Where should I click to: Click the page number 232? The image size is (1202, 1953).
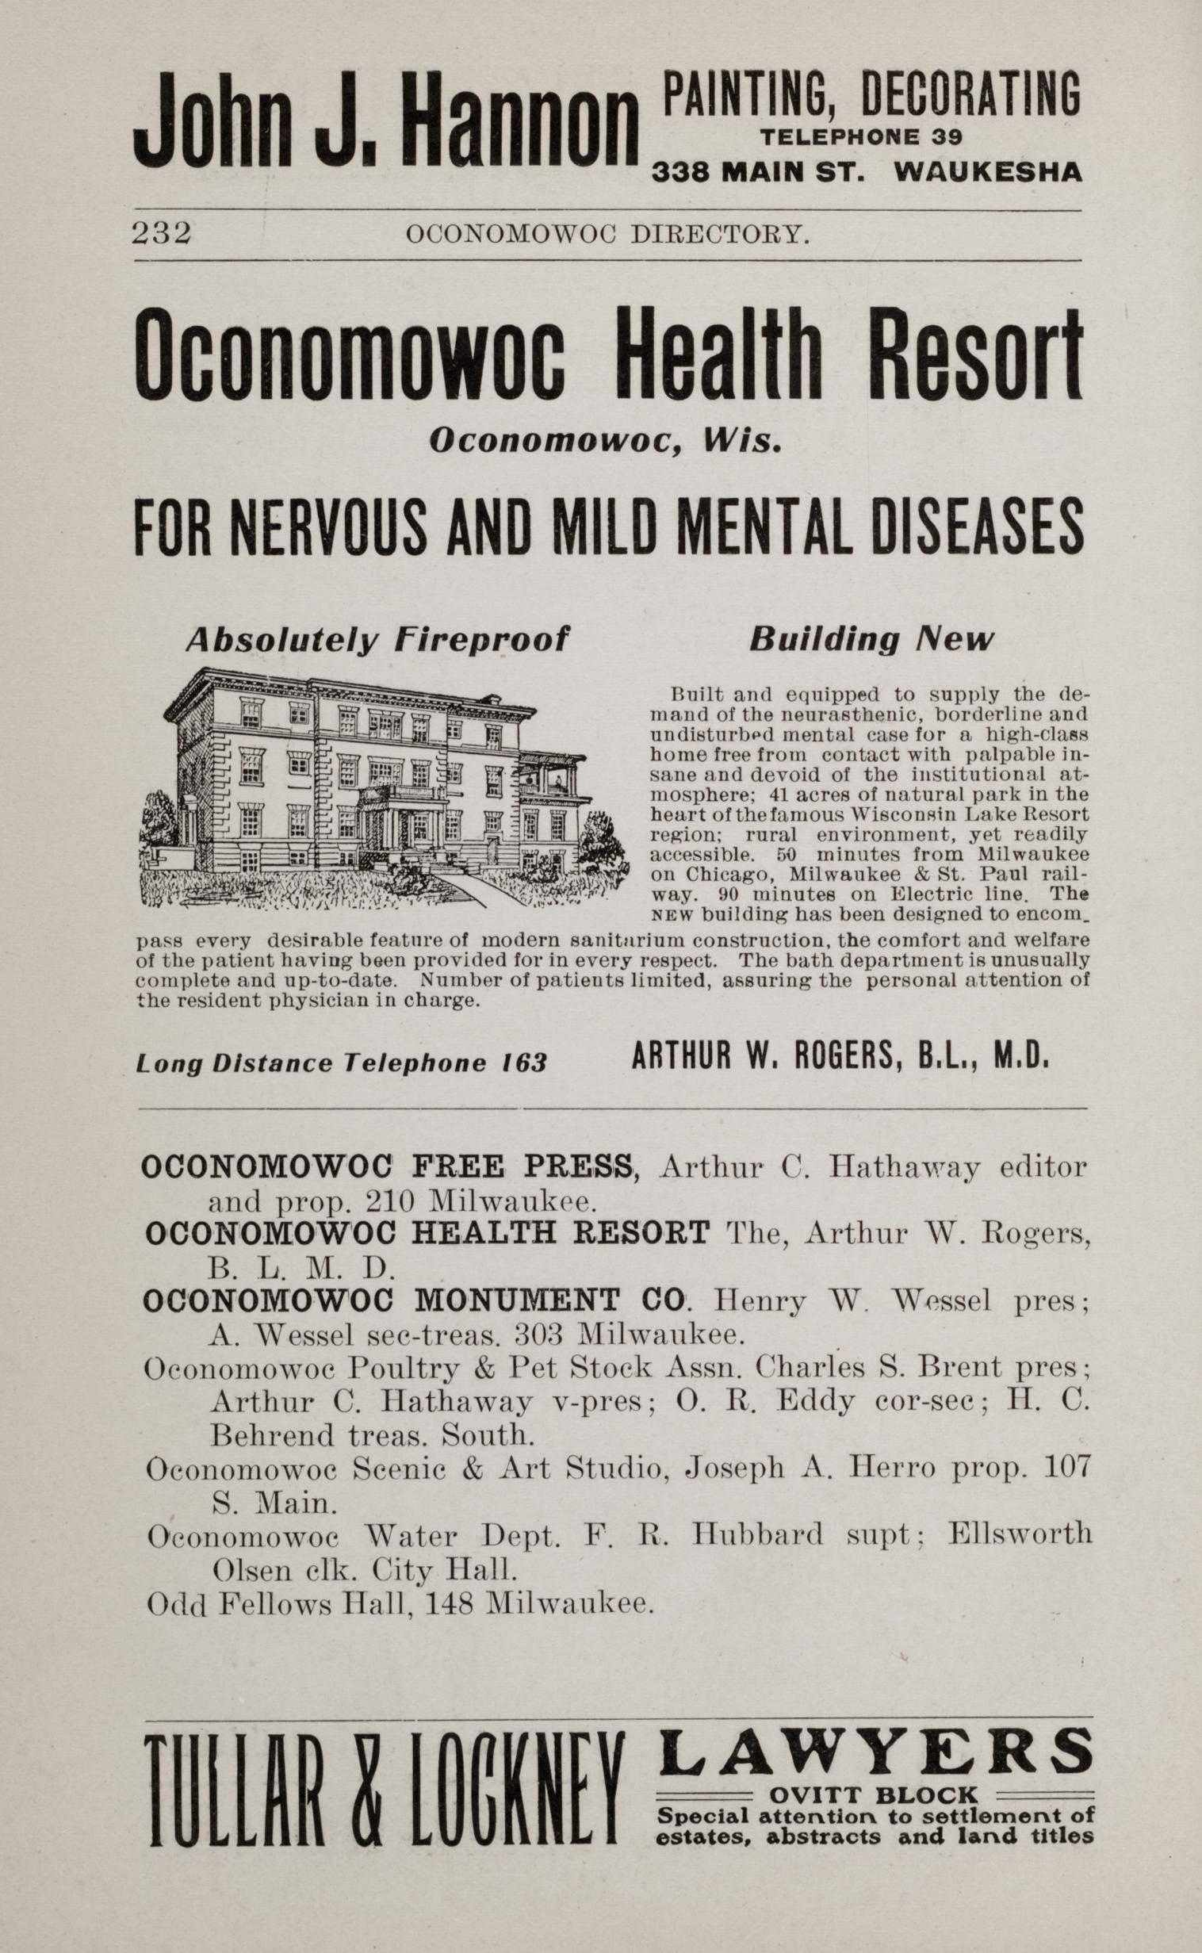[162, 233]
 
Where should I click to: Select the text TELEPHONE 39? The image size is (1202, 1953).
[861, 137]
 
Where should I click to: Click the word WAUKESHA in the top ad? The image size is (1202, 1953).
[987, 173]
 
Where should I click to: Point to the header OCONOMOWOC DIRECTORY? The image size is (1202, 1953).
[607, 235]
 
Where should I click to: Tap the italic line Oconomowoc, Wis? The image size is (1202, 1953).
[605, 440]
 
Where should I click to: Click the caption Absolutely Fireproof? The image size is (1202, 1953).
[377, 640]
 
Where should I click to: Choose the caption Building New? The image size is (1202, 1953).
[871, 640]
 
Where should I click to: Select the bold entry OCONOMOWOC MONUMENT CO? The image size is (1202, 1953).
[414, 1300]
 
